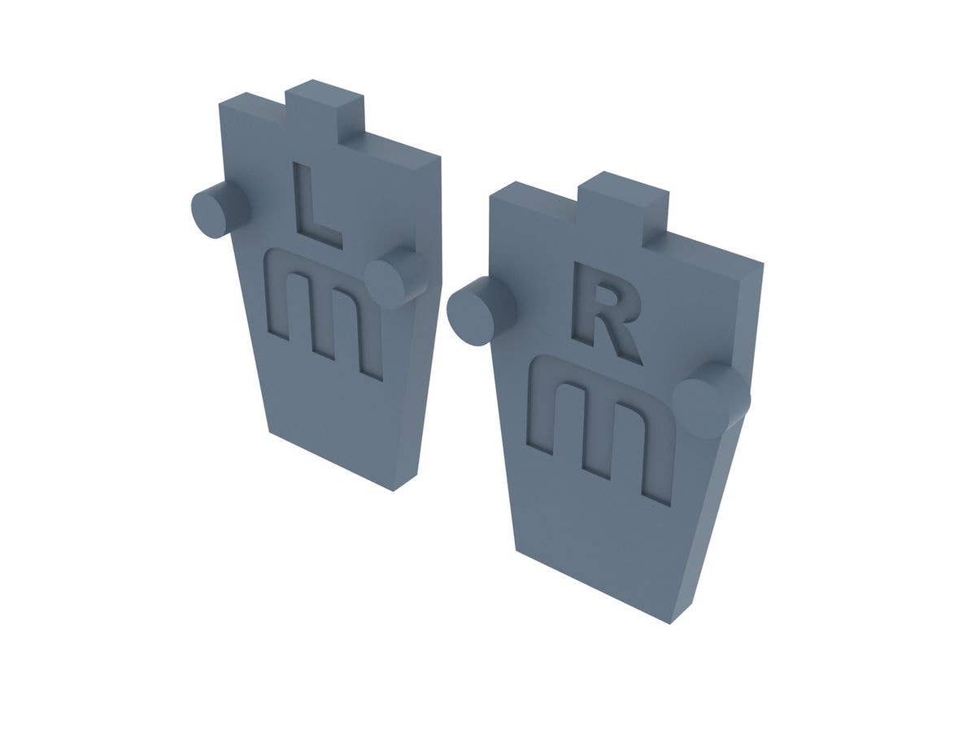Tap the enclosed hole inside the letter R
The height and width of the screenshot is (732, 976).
pyautogui.click(x=603, y=299)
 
